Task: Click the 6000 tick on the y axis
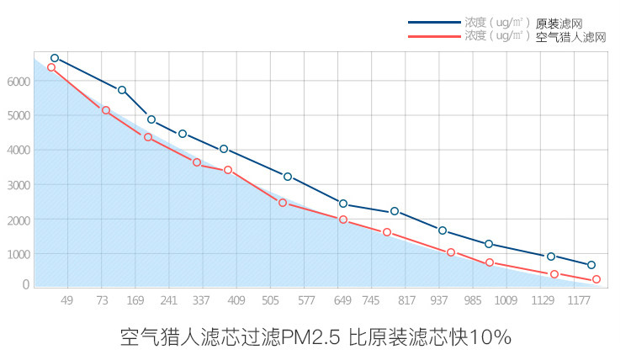[18, 82]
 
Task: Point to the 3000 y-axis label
[18, 184]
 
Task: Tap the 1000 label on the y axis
[18, 253]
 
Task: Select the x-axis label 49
[67, 301]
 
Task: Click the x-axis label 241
[168, 301]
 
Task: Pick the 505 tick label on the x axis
[270, 301]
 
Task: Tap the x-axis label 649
[342, 301]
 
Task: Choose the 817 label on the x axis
[406, 301]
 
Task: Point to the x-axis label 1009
[505, 301]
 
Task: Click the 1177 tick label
[576, 301]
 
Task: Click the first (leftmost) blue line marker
[55, 58]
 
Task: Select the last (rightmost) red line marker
[596, 279]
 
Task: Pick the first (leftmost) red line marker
[51, 67]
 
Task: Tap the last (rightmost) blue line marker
[591, 265]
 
